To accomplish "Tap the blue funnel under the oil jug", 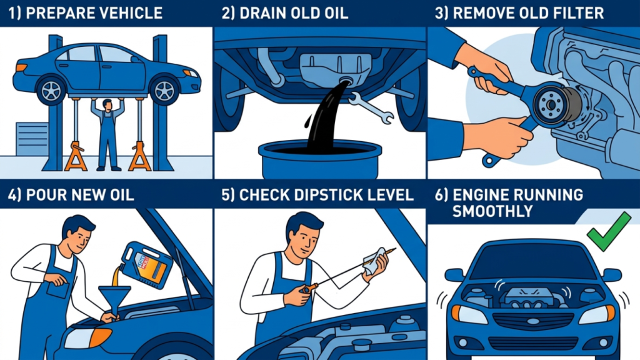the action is click(115, 299).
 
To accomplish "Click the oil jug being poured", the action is click(146, 264).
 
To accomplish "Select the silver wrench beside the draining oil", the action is click(371, 107).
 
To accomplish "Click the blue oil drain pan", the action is click(320, 160).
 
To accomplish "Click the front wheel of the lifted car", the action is click(164, 91).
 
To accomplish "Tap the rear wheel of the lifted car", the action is click(51, 91).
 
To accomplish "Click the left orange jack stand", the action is click(76, 156).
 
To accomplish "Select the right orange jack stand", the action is click(140, 156).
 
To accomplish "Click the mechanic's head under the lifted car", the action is click(107, 105).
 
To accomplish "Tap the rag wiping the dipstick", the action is click(376, 262).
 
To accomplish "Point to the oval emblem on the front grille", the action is click(533, 322).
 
